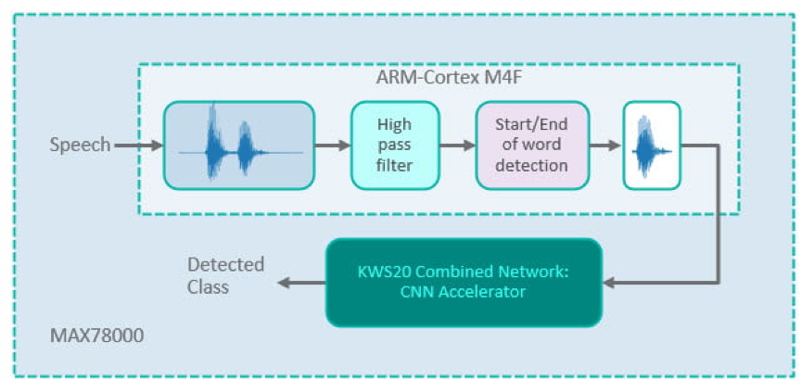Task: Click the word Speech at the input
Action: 80,145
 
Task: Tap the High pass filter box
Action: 394,145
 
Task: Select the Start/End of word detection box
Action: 531,145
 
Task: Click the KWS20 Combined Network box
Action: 464,282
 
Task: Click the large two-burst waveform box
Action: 239,145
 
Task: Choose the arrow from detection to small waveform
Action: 604,145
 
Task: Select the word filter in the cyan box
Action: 394,165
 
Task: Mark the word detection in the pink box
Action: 531,165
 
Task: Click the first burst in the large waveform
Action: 215,139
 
